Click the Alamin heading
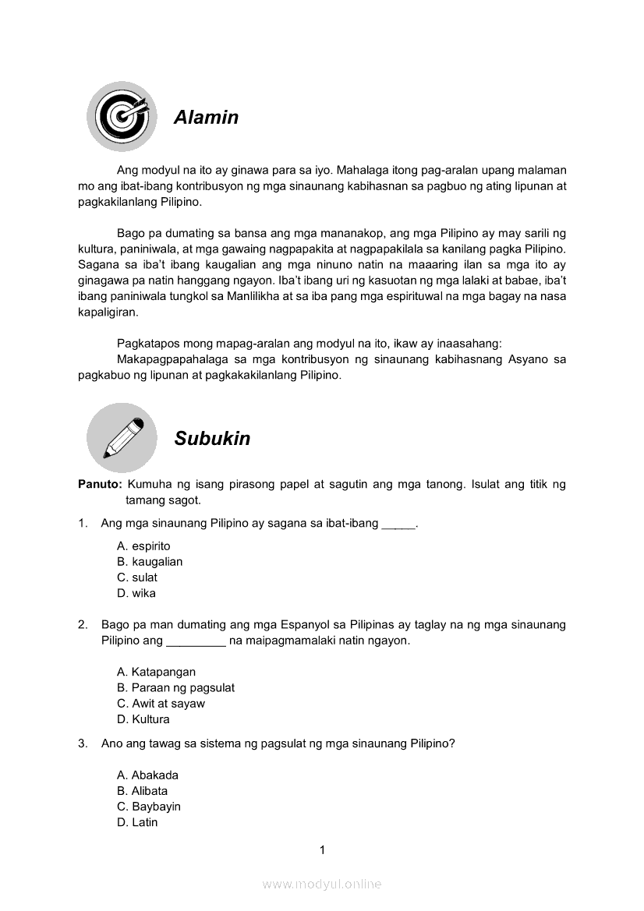(206, 118)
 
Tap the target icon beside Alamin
(121, 116)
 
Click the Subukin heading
(212, 439)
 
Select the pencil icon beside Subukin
(122, 438)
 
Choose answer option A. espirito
(143, 546)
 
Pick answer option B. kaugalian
(150, 562)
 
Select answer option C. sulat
(137, 577)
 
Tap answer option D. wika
(136, 593)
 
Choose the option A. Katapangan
(156, 672)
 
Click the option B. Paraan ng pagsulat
(175, 687)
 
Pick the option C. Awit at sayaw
(161, 704)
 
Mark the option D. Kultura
(143, 719)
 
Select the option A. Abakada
(147, 775)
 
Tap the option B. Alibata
(142, 791)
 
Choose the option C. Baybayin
(148, 807)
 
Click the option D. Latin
(137, 822)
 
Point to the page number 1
(322, 850)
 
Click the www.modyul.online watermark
(322, 885)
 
